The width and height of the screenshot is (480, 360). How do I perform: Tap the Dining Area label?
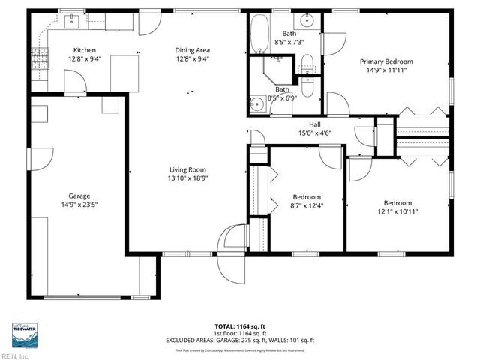coord(192,50)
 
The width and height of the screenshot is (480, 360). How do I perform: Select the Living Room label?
coord(186,170)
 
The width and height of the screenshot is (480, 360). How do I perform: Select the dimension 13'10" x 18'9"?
coord(186,178)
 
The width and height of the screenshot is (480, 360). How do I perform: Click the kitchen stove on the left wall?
coord(39,59)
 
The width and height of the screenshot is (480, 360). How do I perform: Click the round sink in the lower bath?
coord(258,104)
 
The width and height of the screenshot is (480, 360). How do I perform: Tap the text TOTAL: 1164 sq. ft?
coord(239,327)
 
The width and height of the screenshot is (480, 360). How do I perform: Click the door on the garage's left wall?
coord(42,158)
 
